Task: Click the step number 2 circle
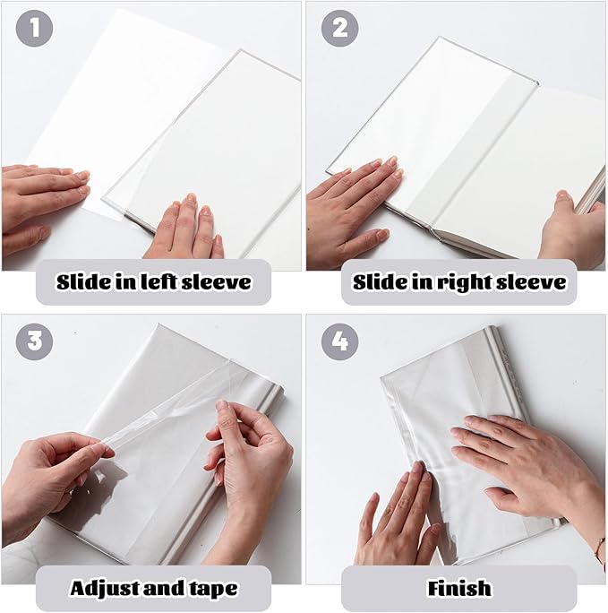point(339,28)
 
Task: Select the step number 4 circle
point(340,341)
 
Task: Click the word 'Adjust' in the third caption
point(107,588)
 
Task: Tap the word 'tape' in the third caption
point(210,588)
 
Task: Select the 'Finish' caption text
point(459,588)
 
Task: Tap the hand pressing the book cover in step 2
point(354,202)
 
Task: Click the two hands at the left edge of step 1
point(40,202)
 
